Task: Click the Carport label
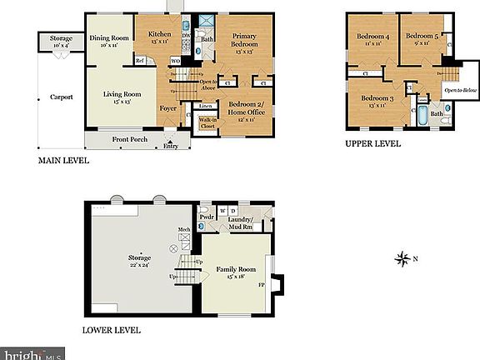pyautogui.click(x=61, y=97)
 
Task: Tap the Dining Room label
pyautogui.click(x=109, y=37)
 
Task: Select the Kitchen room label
pyautogui.click(x=159, y=35)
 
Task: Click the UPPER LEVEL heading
pyautogui.click(x=373, y=143)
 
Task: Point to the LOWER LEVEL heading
pyautogui.click(x=112, y=329)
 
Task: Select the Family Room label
pyautogui.click(x=235, y=271)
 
